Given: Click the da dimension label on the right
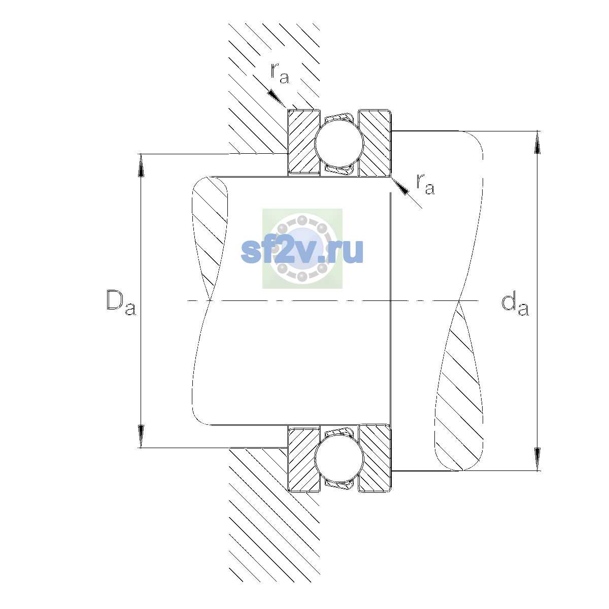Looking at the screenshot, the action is click(515, 305).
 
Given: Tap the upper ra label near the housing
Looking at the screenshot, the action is click(280, 73).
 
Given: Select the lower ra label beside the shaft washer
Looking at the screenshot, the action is click(425, 184).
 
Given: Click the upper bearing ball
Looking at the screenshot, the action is click(339, 143).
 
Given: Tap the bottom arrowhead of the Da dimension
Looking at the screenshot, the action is click(141, 436).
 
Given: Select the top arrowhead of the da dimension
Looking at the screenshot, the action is click(537, 143).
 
